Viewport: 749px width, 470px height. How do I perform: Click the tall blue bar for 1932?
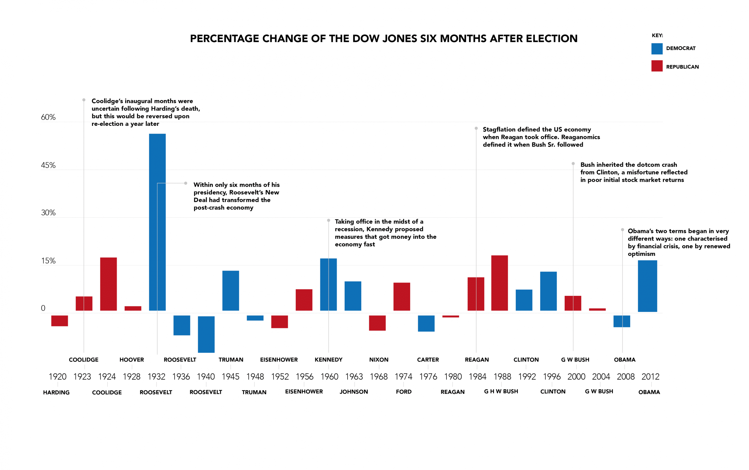(x=157, y=222)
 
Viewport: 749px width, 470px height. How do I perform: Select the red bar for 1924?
(x=109, y=284)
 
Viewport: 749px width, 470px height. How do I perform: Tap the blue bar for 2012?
(x=647, y=286)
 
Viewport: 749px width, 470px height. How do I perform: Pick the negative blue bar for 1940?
(x=206, y=334)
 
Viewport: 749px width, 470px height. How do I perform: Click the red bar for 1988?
(x=499, y=283)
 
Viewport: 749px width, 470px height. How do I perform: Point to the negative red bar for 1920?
(x=59, y=320)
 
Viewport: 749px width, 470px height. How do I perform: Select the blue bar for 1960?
(x=328, y=284)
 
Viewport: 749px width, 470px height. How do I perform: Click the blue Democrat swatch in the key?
(x=657, y=49)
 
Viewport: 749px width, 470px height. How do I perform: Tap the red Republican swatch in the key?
(x=657, y=66)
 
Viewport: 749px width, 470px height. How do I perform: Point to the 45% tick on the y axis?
(x=48, y=165)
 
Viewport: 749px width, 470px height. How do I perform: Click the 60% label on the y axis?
(x=48, y=117)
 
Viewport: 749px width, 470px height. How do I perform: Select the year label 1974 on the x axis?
(x=403, y=376)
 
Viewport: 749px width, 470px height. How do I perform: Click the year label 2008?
(x=625, y=376)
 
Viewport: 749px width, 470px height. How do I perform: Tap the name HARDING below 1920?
(x=56, y=392)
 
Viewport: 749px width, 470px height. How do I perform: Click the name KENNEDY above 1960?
(x=328, y=360)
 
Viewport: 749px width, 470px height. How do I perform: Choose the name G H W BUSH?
(x=501, y=391)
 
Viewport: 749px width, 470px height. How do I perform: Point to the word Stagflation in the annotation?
(x=499, y=129)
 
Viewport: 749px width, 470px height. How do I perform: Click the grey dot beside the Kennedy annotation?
(x=328, y=220)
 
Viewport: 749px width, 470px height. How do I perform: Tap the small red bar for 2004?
(x=597, y=309)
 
